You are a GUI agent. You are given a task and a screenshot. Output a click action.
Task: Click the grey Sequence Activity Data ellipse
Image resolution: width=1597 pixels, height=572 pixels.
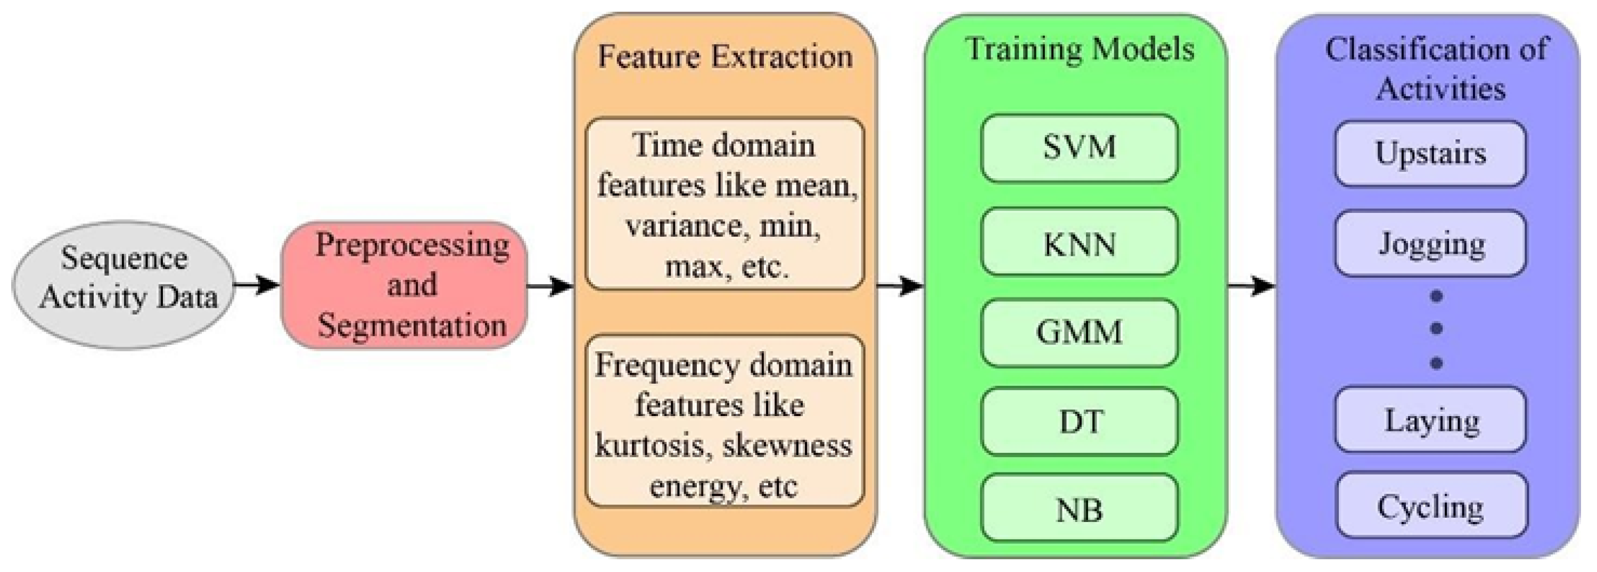pyautogui.click(x=124, y=285)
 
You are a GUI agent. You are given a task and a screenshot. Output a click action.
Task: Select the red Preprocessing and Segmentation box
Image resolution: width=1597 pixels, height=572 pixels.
pyautogui.click(x=404, y=285)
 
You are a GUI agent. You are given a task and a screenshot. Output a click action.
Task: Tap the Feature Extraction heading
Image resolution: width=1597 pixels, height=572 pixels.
pyautogui.click(x=725, y=57)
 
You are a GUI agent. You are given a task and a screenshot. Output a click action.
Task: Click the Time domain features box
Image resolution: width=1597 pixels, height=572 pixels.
pyautogui.click(x=725, y=204)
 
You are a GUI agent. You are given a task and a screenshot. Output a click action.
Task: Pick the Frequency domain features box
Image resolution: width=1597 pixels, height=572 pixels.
pyautogui.click(x=725, y=421)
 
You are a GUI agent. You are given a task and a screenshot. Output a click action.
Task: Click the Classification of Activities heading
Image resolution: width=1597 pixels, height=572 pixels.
pyautogui.click(x=1436, y=68)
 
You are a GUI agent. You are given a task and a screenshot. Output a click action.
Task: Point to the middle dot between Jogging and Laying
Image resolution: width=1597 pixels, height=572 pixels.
pyautogui.click(x=1436, y=328)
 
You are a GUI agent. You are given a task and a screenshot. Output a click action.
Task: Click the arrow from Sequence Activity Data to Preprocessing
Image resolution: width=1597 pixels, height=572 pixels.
pyautogui.click(x=257, y=285)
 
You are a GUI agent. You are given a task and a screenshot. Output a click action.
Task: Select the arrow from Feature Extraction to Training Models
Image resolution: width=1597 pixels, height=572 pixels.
pyautogui.click(x=900, y=286)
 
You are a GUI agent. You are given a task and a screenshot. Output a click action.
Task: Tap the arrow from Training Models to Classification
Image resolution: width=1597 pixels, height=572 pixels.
pyautogui.click(x=1251, y=286)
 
